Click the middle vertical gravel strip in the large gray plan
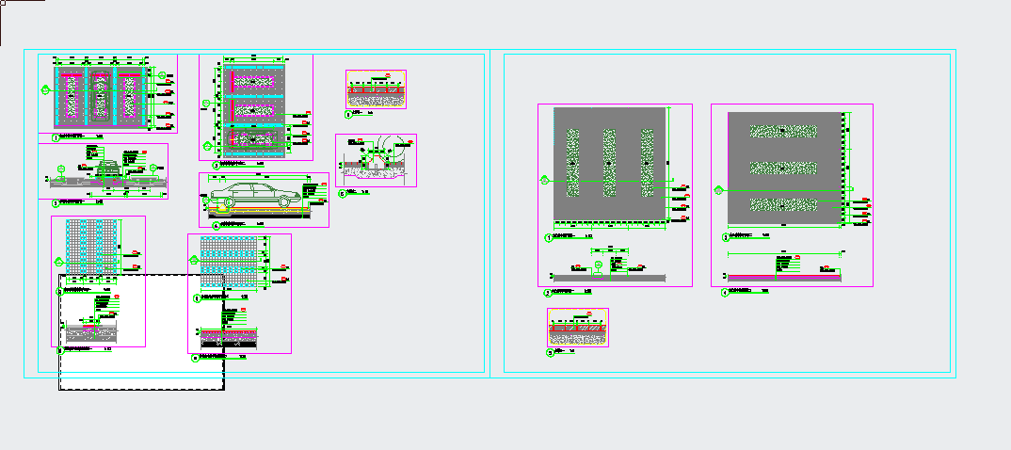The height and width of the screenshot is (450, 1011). (x=609, y=164)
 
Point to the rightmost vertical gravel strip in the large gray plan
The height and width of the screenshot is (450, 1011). (x=647, y=164)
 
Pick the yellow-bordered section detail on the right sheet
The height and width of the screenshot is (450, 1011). (x=578, y=327)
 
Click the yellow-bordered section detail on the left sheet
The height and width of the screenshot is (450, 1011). (x=376, y=90)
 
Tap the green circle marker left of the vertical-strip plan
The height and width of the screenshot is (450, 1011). (x=543, y=178)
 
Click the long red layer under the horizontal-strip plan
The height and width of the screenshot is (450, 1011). (x=783, y=275)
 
